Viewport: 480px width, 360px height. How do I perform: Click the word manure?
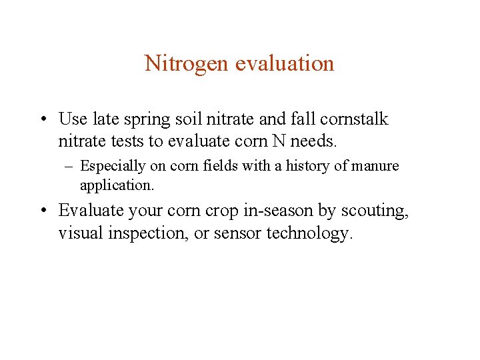click(375, 166)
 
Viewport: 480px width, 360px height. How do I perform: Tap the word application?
click(117, 184)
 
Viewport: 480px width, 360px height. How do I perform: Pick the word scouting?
click(374, 211)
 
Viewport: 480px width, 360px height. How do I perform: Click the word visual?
click(80, 234)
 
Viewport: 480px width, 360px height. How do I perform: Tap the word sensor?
click(237, 234)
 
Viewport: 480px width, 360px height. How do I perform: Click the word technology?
click(308, 234)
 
